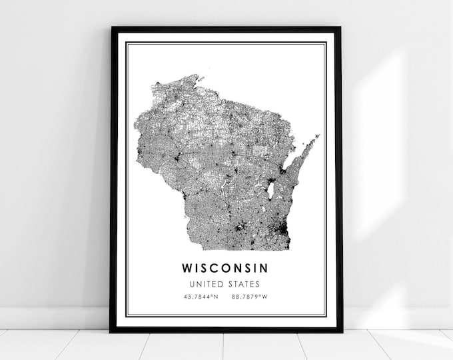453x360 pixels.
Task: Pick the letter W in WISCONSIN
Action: pos(185,268)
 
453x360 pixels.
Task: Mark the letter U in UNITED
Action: pos(191,285)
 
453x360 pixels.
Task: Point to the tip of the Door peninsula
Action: pos(318,136)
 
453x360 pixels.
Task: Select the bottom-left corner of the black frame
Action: pos(112,331)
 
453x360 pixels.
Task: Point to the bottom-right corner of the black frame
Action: pos(340,331)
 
